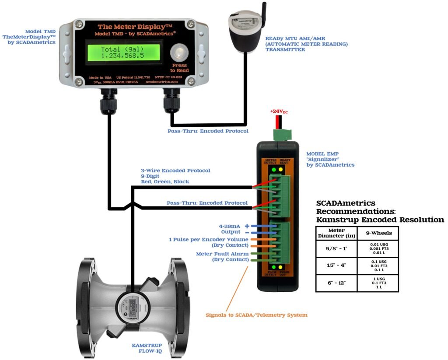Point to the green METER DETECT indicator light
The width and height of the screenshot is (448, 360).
click(274, 169)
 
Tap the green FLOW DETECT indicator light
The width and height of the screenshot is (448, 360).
click(274, 267)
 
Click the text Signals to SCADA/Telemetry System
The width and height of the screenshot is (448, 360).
click(256, 315)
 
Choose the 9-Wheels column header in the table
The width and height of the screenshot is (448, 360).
click(378, 233)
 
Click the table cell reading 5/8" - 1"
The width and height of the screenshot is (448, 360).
click(336, 249)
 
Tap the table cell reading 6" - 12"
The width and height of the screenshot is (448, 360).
click(336, 283)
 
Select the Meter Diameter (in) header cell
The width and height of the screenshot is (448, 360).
click(336, 233)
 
